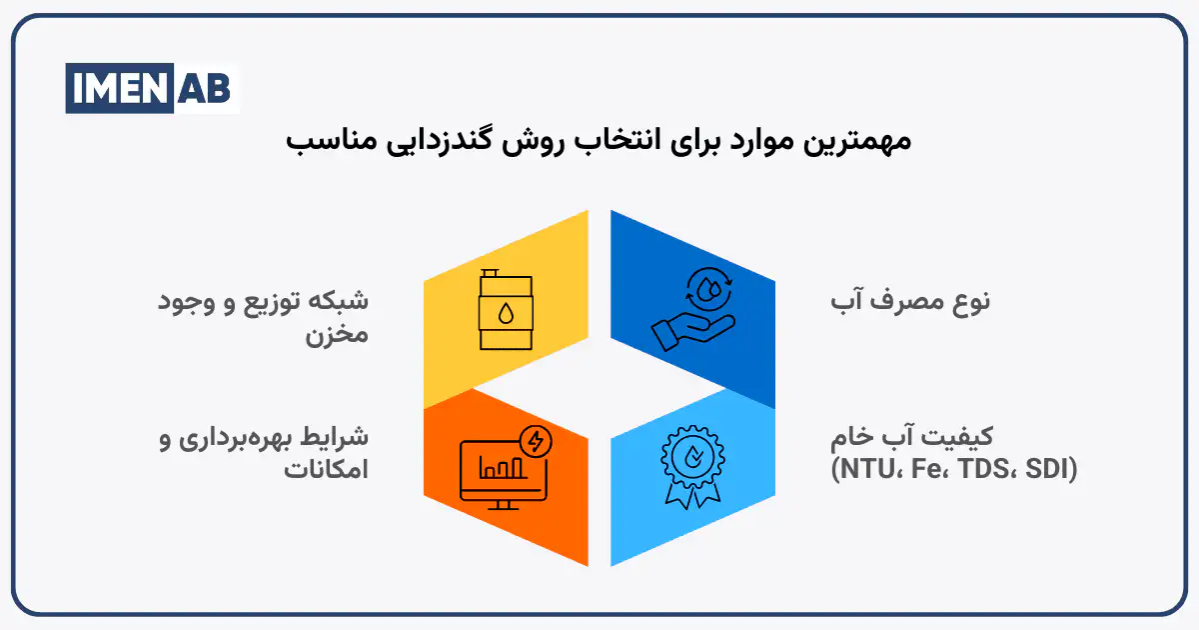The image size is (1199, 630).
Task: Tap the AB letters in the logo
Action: click(206, 88)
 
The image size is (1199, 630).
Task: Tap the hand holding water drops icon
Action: click(691, 310)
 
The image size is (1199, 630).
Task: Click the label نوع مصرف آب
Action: click(910, 301)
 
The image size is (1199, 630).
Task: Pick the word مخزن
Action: click(337, 334)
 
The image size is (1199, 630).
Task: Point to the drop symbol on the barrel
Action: click(506, 314)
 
